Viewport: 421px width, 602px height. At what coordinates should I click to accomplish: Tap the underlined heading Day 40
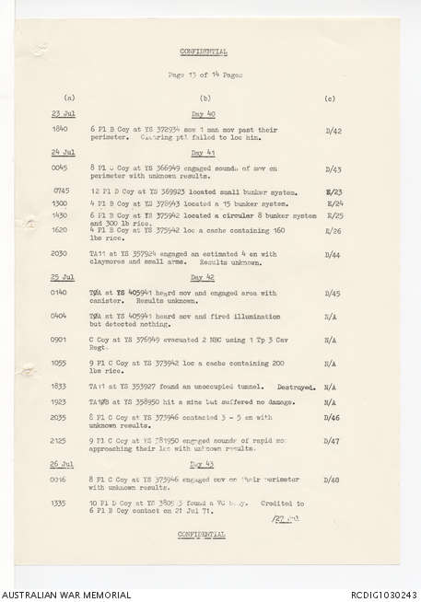coord(203,114)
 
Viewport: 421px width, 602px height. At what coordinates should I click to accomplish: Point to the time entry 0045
coord(60,168)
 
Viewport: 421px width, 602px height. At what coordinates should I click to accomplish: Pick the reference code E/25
coord(334,214)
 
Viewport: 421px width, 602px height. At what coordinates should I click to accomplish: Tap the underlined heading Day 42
coord(203,276)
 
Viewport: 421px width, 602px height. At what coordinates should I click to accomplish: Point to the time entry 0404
coord(60,315)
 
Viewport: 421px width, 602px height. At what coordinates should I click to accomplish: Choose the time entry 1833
coord(60,387)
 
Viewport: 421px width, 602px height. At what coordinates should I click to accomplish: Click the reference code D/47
coord(333,441)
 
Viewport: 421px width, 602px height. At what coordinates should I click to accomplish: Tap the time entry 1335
coord(60,504)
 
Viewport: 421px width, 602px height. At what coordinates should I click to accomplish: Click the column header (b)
coord(205,97)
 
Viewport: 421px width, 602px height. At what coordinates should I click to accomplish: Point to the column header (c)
coord(330,97)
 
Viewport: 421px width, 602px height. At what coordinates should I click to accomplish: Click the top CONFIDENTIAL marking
coord(203,52)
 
